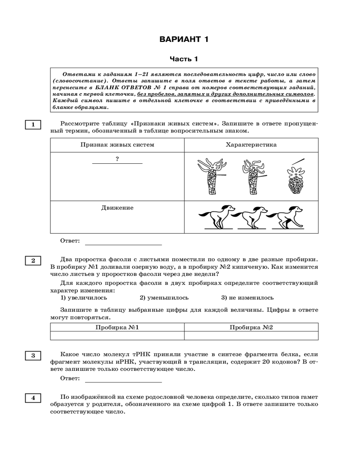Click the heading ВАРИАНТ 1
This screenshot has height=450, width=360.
184,40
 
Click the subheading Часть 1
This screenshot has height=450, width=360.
184,59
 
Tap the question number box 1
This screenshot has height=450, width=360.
33,125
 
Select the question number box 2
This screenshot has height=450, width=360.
33,261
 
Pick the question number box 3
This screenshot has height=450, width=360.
33,355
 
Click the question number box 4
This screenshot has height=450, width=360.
33,398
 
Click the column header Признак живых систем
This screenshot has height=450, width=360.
117,145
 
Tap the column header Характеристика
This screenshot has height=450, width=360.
251,145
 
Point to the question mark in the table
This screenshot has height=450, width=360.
117,158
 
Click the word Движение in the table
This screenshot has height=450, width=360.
117,208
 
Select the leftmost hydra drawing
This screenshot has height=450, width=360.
211,176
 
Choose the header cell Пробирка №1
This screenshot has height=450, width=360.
117,327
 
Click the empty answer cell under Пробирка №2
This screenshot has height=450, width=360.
251,335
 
